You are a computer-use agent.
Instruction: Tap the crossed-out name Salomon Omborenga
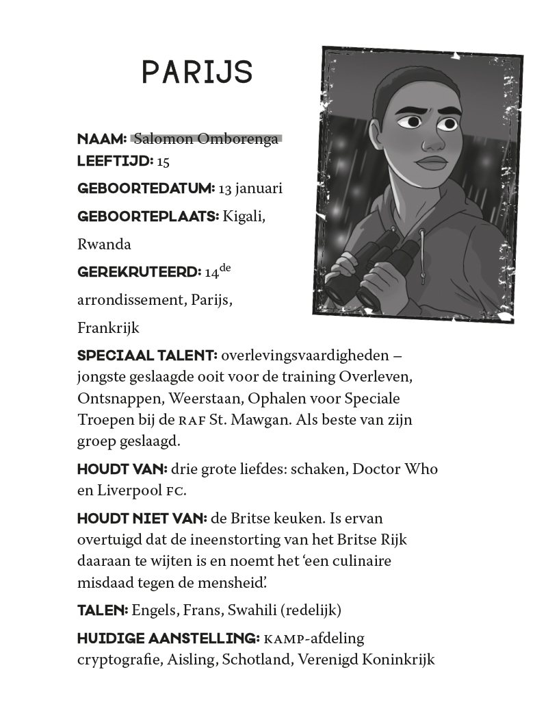(206, 139)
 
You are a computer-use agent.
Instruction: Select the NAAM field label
(102, 139)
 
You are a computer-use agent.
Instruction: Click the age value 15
(163, 162)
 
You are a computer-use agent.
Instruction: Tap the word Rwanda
(104, 245)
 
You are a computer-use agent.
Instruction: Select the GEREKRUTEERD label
(139, 272)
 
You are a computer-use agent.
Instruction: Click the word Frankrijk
(108, 328)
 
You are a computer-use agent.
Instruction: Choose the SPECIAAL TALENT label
(147, 356)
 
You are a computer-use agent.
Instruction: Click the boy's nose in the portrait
(432, 140)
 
